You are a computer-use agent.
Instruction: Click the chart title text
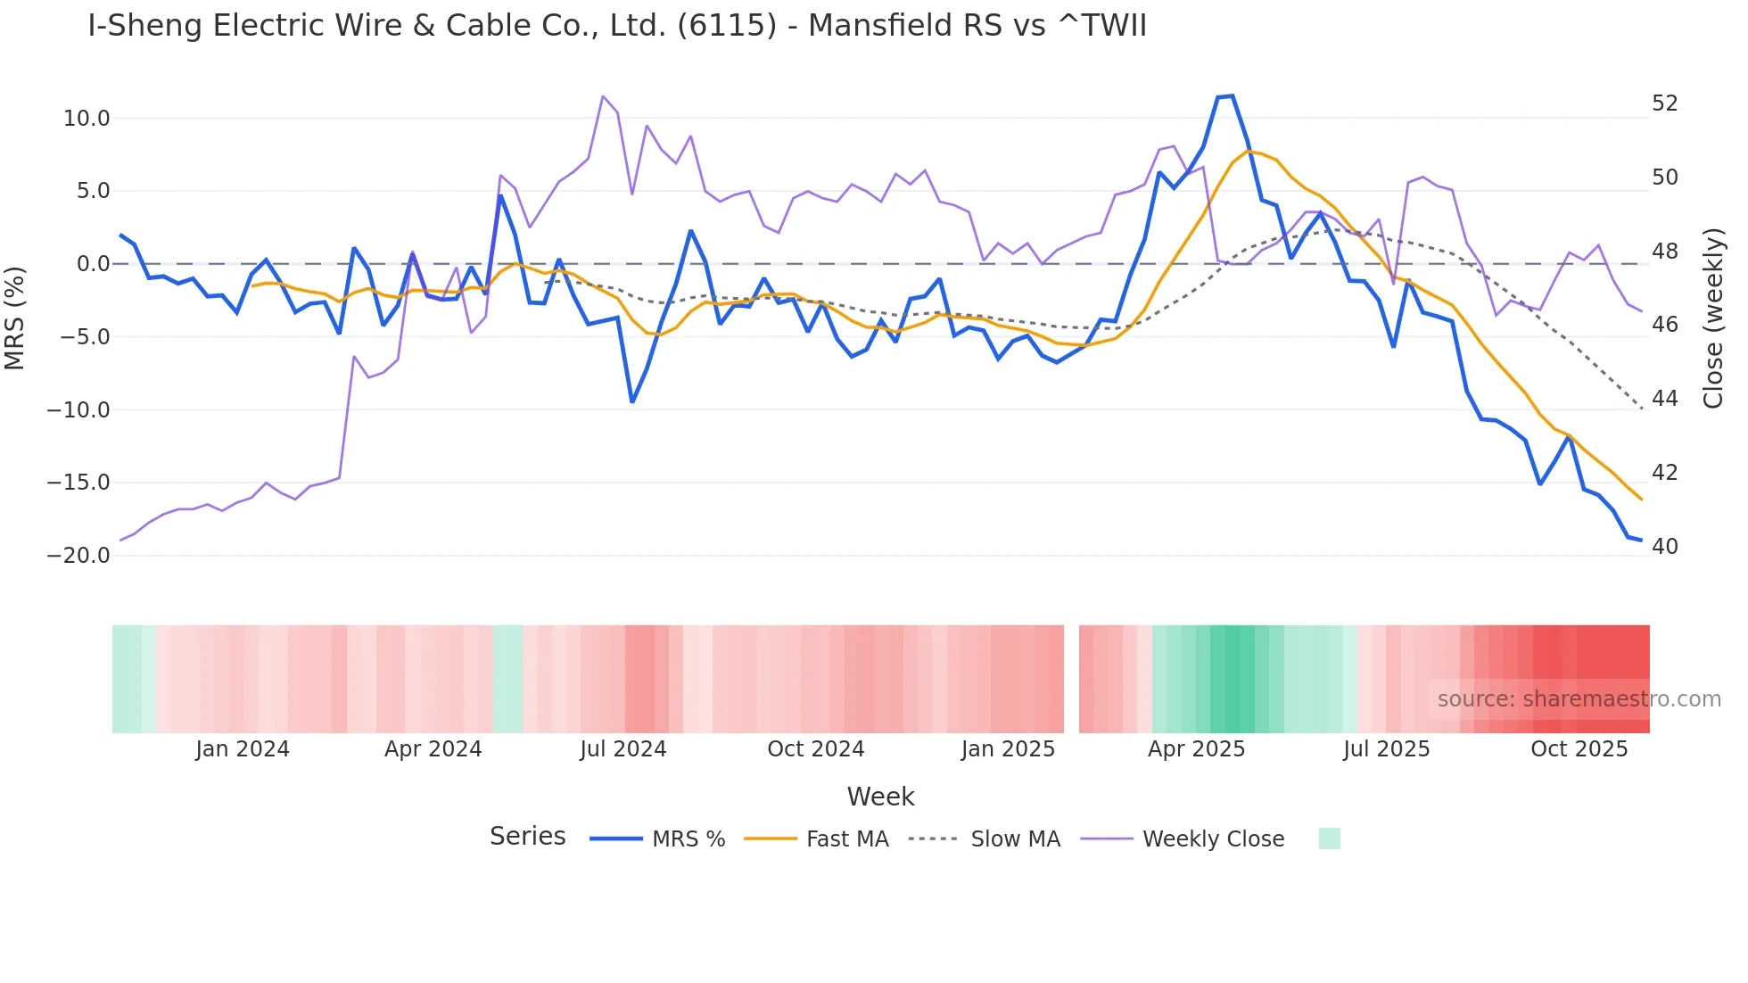pos(616,25)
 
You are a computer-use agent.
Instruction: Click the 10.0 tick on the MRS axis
pos(87,118)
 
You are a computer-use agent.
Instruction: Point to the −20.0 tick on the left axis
pos(78,555)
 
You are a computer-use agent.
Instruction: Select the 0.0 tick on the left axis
pos(93,264)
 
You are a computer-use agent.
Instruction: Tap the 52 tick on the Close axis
pos(1664,103)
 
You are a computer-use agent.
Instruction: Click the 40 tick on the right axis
pos(1664,546)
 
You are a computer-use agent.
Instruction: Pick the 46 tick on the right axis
pos(1664,325)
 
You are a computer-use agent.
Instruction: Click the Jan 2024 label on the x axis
pos(243,749)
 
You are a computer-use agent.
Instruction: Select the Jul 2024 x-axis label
pos(623,749)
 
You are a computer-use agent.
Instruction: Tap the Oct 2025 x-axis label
pos(1579,749)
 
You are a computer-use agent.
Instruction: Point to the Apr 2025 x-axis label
pos(1196,749)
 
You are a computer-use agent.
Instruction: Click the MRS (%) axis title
pos(15,318)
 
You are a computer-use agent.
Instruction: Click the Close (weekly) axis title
pos(1713,318)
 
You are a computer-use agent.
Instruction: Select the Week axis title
pos(880,797)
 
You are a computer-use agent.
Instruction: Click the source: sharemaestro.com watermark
pos(1579,699)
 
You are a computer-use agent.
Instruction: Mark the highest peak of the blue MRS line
pos(1232,95)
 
